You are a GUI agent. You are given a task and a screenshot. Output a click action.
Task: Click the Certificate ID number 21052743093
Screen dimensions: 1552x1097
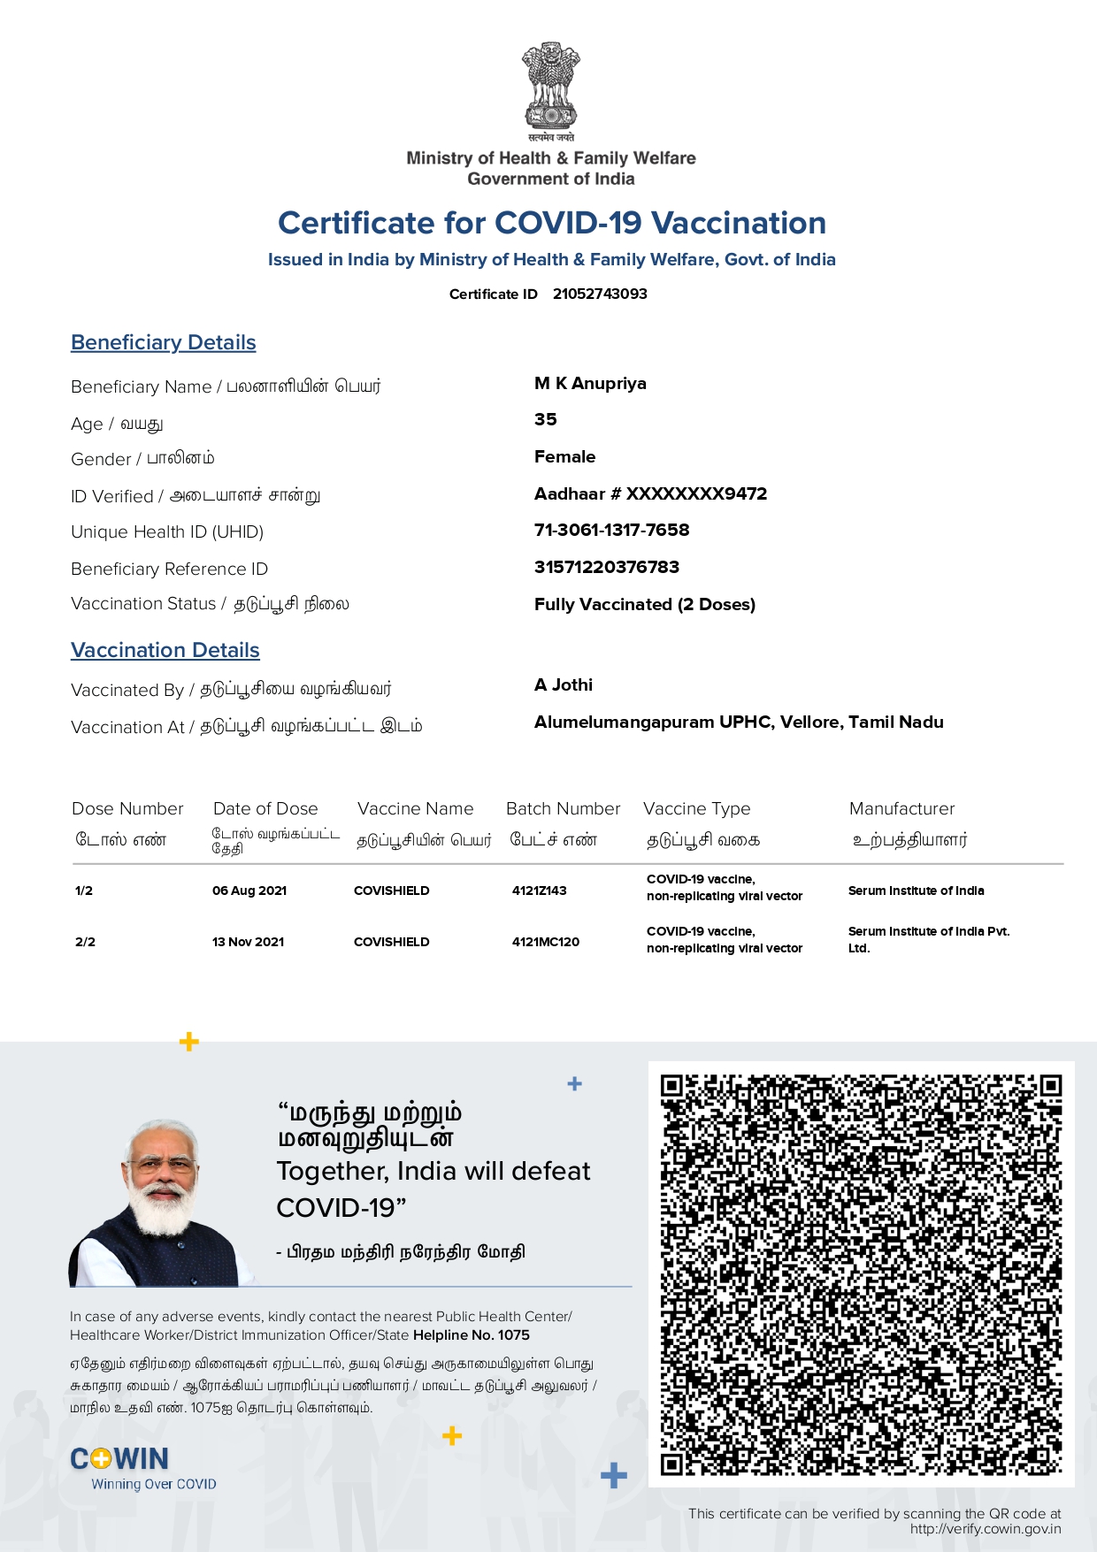click(x=600, y=294)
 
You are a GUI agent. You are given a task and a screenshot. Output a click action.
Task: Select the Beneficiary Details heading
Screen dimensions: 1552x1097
click(x=164, y=343)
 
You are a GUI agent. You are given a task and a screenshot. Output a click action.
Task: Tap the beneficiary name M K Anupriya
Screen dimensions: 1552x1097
click(x=590, y=384)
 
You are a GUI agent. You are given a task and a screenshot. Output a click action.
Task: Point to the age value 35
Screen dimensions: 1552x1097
click(x=546, y=420)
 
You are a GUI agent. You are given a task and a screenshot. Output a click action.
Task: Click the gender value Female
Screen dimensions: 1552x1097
click(x=564, y=457)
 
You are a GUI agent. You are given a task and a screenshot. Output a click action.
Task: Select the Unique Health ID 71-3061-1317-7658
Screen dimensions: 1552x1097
click(x=611, y=531)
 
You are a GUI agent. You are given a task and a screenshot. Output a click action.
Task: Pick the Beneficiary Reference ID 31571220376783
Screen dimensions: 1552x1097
click(x=607, y=568)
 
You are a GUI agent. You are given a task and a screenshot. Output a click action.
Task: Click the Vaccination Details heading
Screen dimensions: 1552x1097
click(x=165, y=651)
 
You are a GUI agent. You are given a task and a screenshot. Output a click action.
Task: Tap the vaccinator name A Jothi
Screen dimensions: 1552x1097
click(x=564, y=685)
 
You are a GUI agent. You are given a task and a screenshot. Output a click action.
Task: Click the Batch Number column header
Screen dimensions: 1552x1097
click(x=563, y=809)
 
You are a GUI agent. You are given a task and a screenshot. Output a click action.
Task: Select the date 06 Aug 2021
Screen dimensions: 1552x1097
click(x=249, y=891)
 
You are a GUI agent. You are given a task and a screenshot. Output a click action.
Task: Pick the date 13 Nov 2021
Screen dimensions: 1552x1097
click(x=248, y=943)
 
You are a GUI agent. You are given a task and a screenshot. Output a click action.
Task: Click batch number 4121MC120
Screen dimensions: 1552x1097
click(x=545, y=943)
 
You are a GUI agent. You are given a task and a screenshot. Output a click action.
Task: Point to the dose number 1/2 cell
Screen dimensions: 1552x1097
click(x=84, y=891)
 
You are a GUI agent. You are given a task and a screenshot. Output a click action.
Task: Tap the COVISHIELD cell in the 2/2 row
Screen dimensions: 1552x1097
click(x=391, y=943)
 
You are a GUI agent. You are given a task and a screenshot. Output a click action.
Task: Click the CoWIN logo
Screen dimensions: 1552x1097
click(x=120, y=1459)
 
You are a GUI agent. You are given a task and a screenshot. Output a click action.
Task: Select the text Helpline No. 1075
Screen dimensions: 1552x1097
click(x=472, y=1335)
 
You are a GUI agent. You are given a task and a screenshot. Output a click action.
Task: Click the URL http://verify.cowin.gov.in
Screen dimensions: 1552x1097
click(x=985, y=1529)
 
